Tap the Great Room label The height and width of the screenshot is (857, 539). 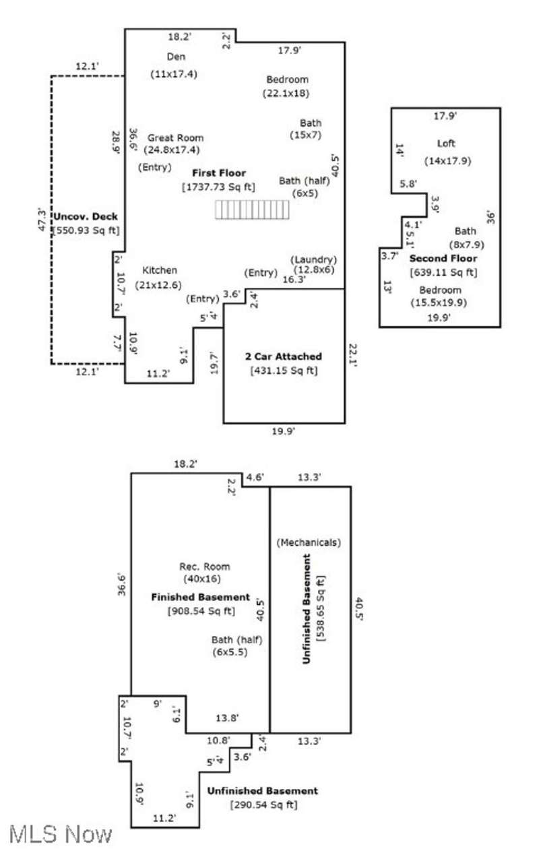click(x=175, y=137)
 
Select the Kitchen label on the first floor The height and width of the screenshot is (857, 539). click(x=160, y=270)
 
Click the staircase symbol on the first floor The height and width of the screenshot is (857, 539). click(x=252, y=210)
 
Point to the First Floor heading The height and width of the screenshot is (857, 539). click(x=219, y=173)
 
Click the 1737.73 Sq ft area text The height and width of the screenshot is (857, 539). click(x=219, y=187)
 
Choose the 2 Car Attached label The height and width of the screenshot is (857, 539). click(x=283, y=356)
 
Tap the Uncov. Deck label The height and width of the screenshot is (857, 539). click(x=86, y=216)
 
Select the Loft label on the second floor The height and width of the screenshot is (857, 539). click(x=446, y=144)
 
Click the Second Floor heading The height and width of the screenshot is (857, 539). click(x=443, y=259)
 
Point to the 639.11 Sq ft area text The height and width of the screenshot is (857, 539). click(x=443, y=272)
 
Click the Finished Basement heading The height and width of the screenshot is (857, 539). click(x=200, y=598)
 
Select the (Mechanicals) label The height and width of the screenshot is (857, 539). click(x=309, y=542)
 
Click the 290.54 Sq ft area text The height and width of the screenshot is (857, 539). click(x=263, y=805)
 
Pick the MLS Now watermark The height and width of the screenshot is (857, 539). click(x=61, y=835)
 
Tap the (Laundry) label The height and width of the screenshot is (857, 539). click(x=313, y=259)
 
